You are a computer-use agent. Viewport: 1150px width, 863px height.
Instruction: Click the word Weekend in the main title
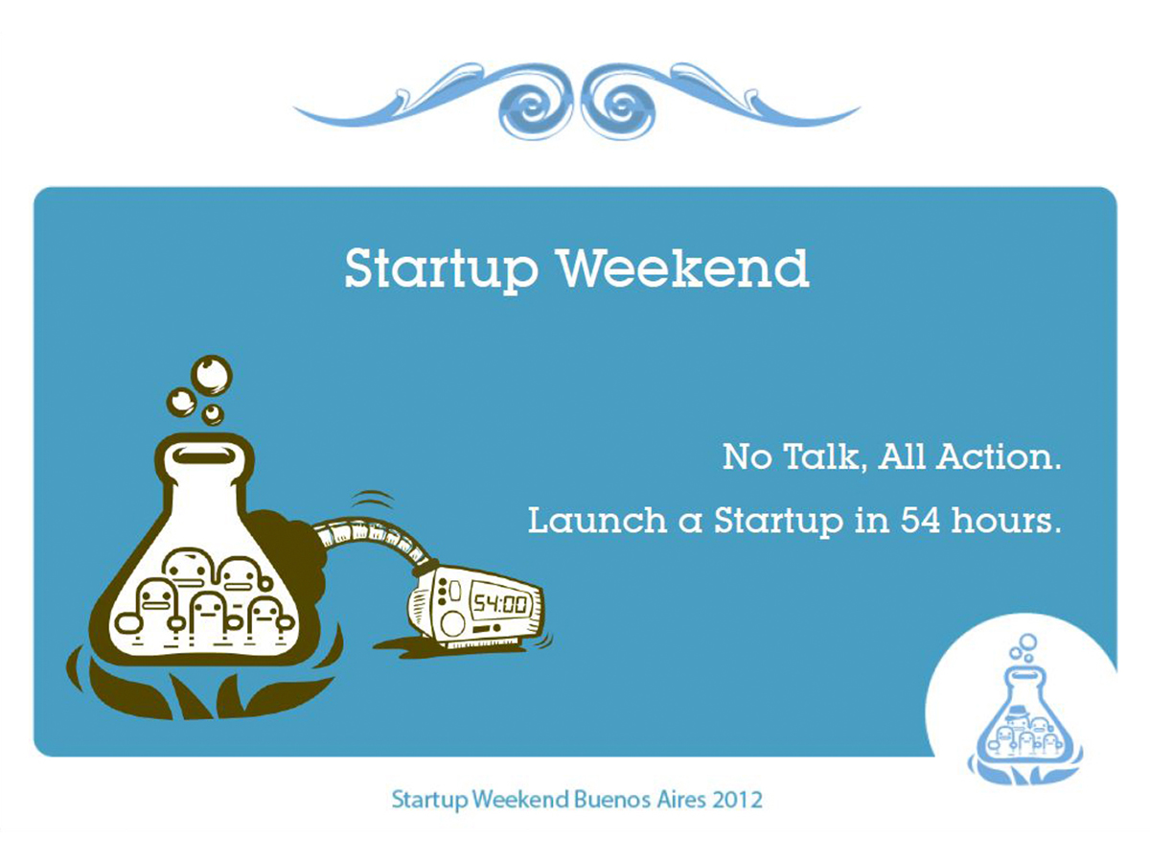[685, 268]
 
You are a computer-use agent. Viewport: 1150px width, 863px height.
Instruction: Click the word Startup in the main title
[441, 272]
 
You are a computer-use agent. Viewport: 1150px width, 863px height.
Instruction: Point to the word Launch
[597, 521]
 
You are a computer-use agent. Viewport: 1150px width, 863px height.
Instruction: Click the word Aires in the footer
[682, 800]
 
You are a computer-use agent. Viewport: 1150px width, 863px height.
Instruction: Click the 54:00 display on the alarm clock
[500, 605]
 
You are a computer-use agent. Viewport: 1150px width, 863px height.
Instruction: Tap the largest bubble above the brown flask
[211, 375]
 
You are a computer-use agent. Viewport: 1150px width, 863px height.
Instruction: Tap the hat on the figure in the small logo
[1018, 712]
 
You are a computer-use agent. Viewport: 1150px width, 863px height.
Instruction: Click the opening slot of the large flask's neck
[204, 455]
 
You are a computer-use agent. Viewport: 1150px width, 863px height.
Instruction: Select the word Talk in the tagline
[822, 458]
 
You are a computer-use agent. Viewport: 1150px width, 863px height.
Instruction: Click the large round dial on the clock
[451, 623]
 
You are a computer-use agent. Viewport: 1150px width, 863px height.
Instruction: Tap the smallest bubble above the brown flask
[212, 414]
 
